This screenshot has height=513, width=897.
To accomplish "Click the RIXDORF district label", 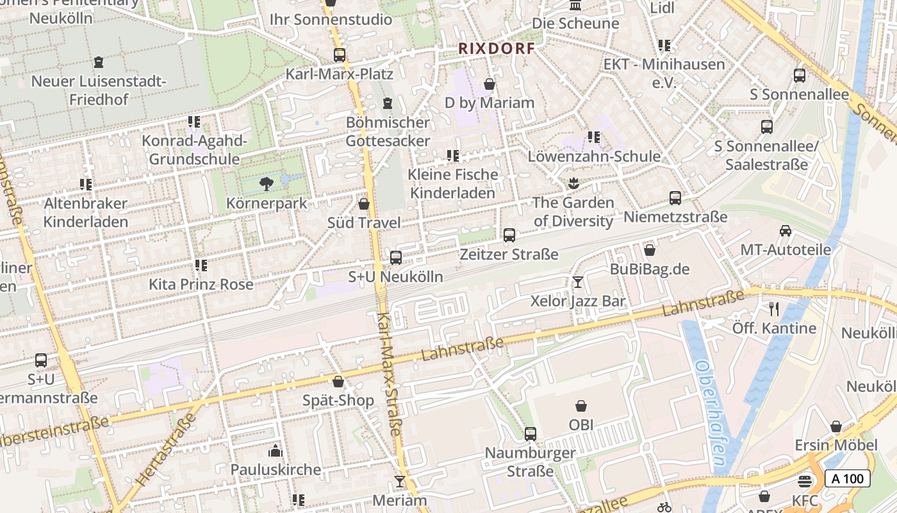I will [496, 48].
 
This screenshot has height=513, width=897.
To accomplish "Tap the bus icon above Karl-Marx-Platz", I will [339, 55].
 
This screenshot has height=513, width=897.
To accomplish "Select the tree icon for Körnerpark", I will [267, 185].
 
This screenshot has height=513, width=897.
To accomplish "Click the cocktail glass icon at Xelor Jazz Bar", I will [577, 282].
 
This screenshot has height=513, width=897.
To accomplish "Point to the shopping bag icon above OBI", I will [581, 406].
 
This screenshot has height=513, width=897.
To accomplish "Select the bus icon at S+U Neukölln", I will [396, 258].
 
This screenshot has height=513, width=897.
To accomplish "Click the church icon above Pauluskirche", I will [276, 451].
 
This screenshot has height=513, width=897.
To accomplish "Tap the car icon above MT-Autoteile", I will [786, 231].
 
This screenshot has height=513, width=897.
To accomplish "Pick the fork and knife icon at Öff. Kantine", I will [774, 309].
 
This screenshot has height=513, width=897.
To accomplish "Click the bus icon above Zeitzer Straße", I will [509, 235].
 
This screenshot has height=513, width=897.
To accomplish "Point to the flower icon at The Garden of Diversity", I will [573, 184].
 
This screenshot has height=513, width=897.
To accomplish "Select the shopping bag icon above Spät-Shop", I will [338, 382].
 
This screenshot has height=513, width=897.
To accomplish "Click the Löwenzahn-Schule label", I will [594, 156].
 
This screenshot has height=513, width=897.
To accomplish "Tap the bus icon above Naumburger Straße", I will [530, 434].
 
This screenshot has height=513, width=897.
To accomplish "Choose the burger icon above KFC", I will [805, 481].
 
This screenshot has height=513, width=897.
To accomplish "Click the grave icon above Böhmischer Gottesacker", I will [387, 103].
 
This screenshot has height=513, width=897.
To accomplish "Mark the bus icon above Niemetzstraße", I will [675, 198].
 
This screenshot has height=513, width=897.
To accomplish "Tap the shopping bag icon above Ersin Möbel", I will [835, 426].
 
